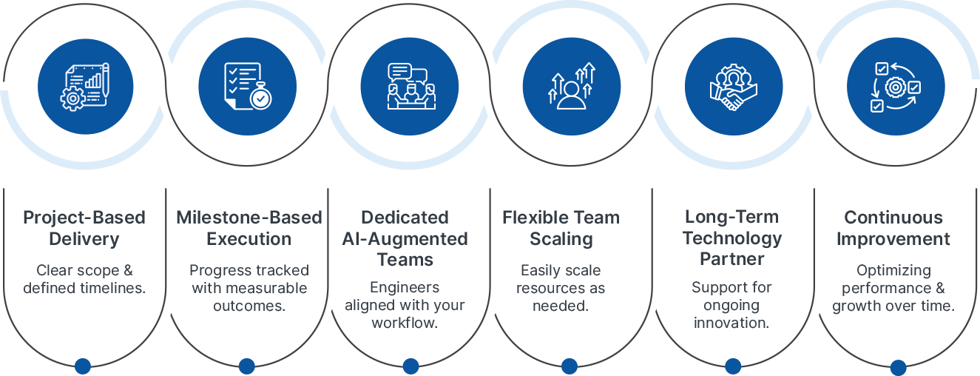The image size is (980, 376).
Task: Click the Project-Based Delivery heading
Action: click(84, 228)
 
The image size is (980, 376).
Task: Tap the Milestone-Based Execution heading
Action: click(249, 228)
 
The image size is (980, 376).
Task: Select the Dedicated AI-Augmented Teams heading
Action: click(405, 238)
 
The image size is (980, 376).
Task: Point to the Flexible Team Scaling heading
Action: click(561, 228)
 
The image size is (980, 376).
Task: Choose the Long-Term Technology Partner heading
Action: click(732, 238)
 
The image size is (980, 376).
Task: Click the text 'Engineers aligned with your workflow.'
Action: click(405, 305)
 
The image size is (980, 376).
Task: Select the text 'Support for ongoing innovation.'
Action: click(731, 305)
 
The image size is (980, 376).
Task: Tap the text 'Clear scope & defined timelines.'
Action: click(84, 279)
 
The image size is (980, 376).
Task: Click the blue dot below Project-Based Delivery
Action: click(83, 366)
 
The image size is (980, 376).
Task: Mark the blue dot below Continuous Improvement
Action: click(898, 367)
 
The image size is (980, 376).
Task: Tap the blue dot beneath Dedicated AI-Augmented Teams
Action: click(410, 366)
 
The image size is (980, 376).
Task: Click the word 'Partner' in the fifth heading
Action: click(732, 259)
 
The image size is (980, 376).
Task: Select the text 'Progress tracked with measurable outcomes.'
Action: click(249, 288)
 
